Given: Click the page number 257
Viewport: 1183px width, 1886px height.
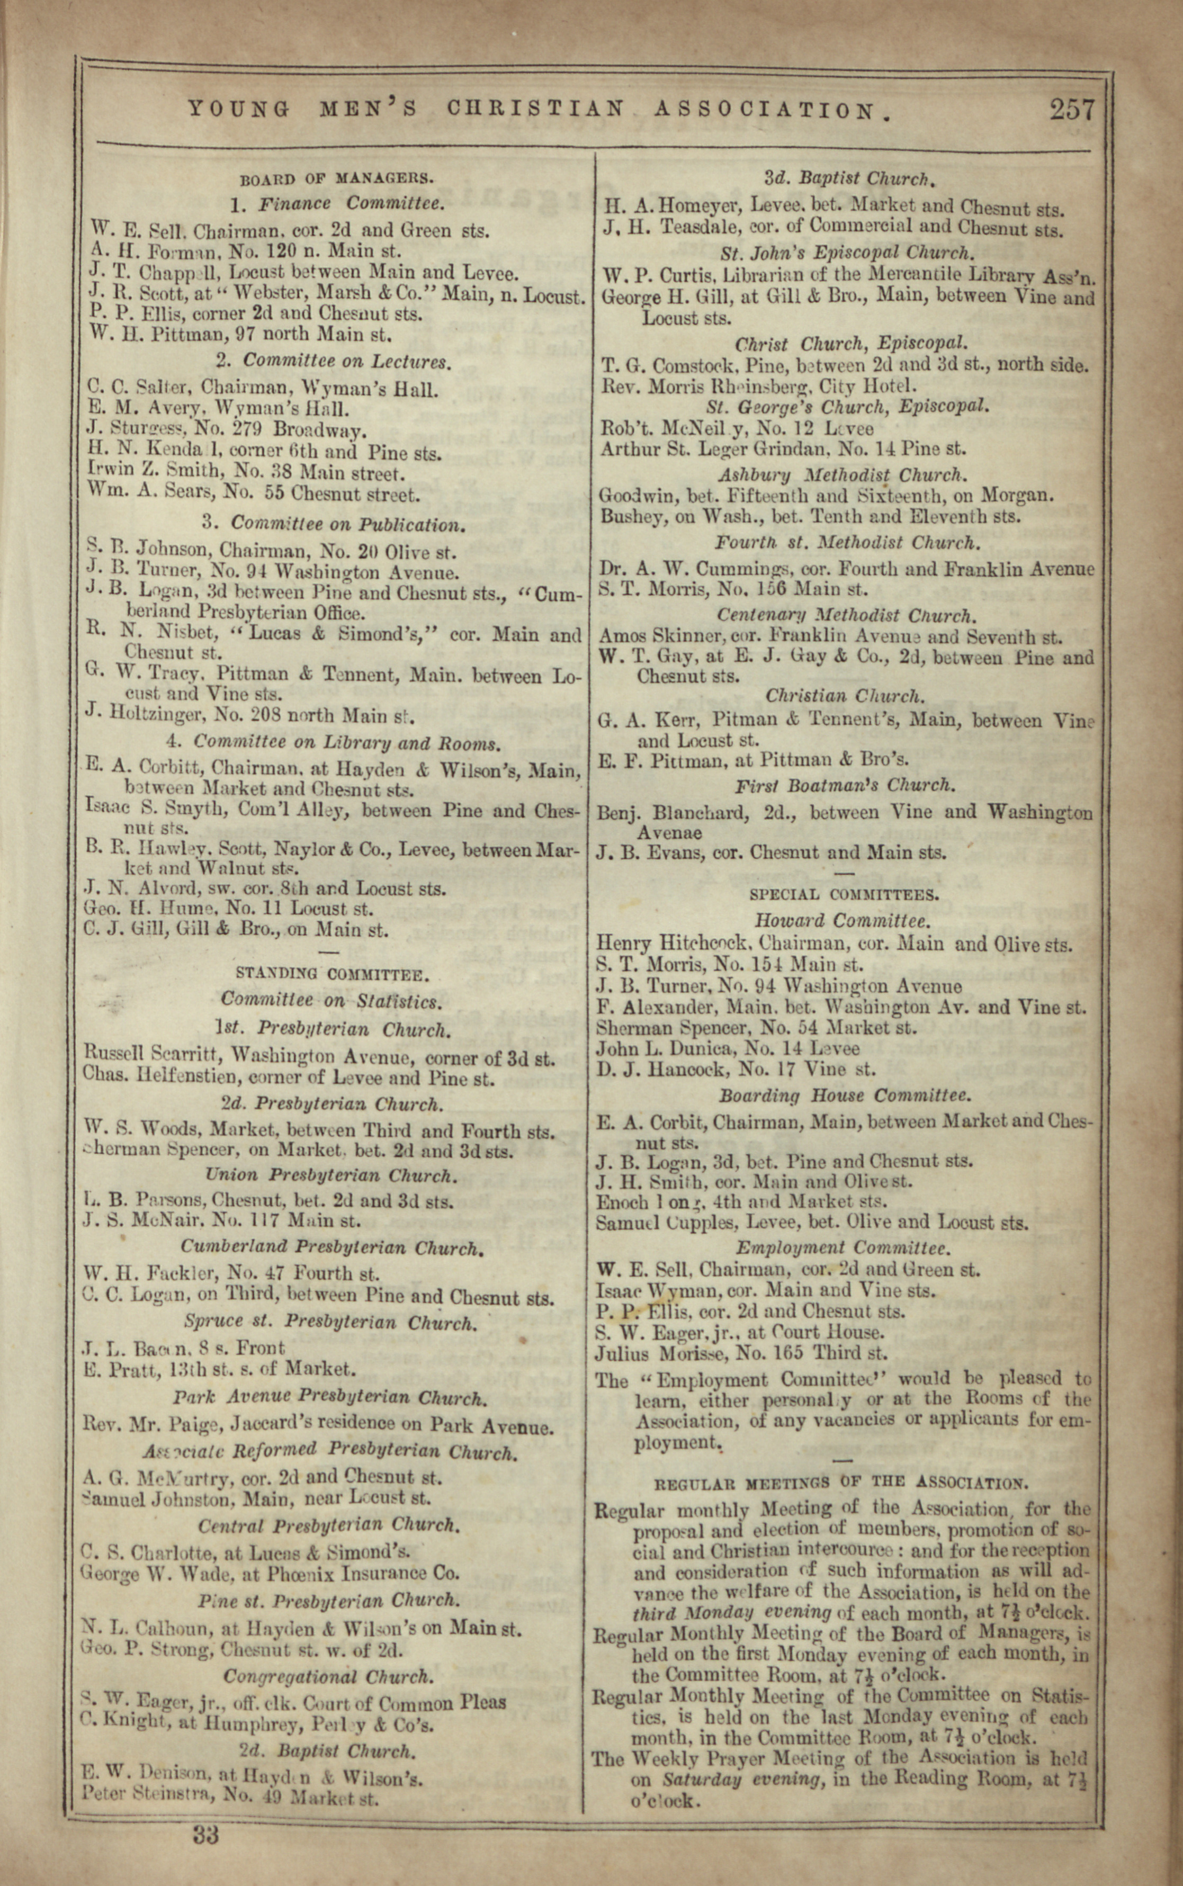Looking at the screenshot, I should click(1072, 110).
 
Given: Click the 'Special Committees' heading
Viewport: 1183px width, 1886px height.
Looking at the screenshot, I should click(844, 895).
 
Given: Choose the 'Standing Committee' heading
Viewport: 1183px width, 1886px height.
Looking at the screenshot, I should click(331, 975).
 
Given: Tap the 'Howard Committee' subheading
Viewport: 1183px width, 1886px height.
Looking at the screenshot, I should click(843, 921).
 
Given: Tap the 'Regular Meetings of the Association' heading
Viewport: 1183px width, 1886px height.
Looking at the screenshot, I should click(841, 1483).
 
